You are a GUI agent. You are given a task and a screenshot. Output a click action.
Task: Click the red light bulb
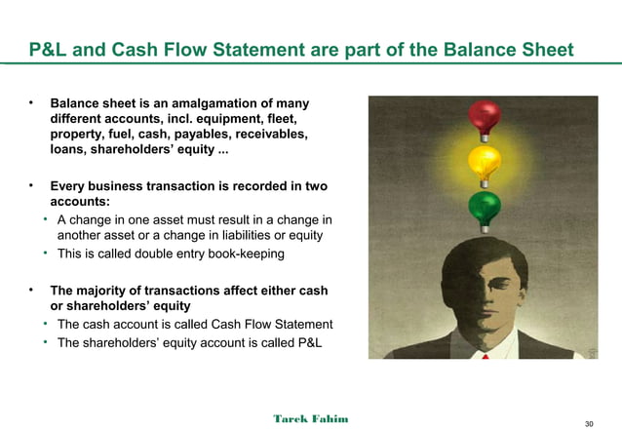coord(484,117)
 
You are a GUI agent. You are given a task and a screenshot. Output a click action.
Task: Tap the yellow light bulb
coord(484,161)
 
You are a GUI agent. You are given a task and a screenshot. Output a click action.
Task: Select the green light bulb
coord(484,206)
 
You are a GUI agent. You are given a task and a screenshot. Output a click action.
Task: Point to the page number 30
coord(588,423)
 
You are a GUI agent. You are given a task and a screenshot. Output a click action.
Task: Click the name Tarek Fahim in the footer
coord(310,418)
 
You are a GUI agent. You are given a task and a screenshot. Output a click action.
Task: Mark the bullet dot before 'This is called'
coord(47,254)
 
